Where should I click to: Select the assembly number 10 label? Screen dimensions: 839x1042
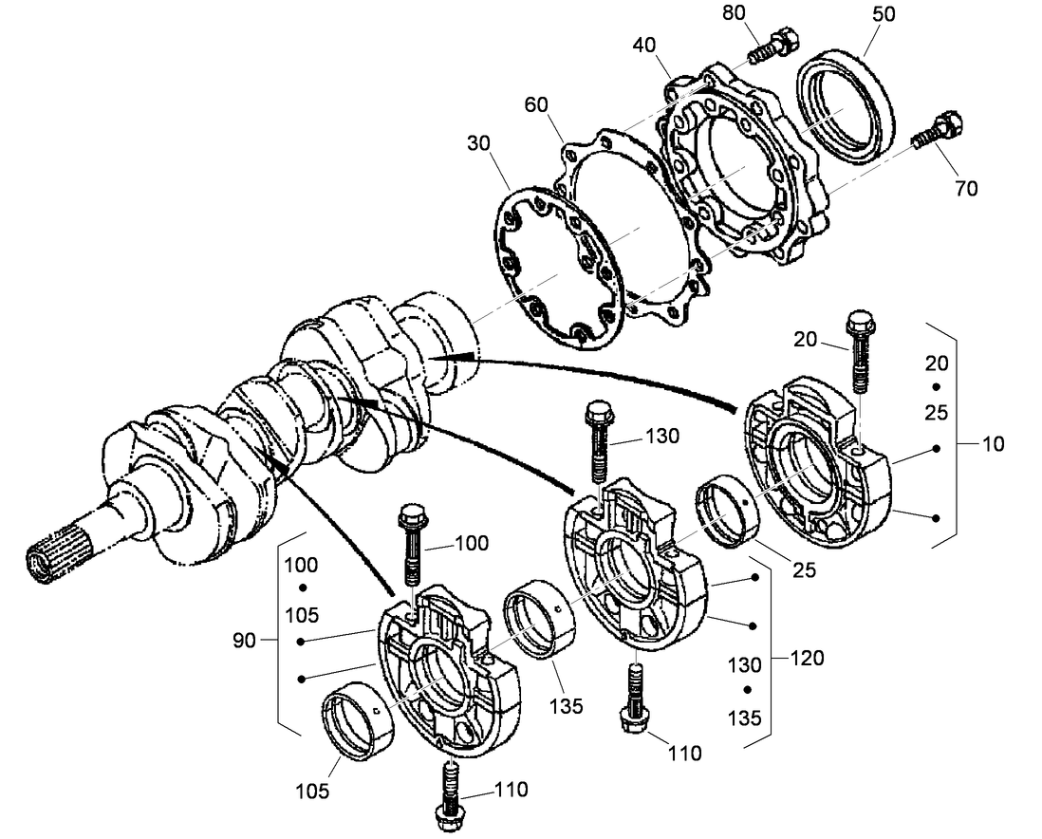(994, 443)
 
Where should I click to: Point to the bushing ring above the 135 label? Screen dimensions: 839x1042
(536, 624)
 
